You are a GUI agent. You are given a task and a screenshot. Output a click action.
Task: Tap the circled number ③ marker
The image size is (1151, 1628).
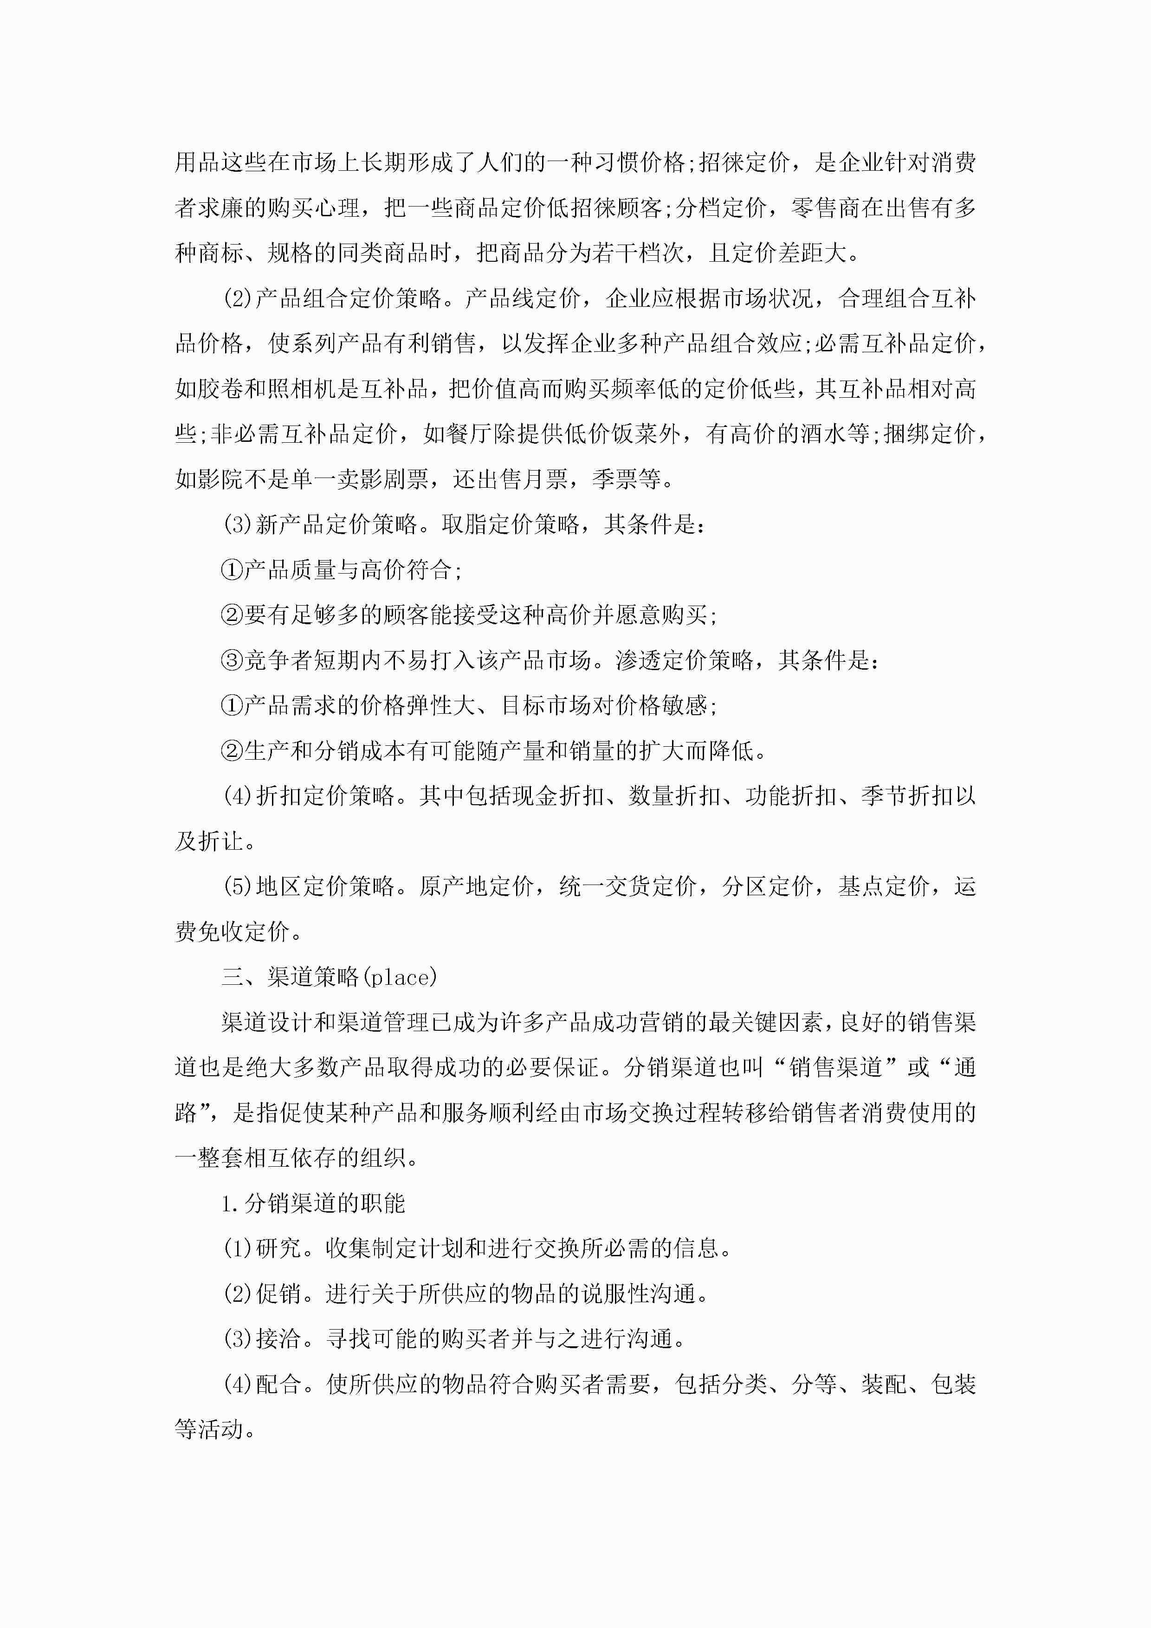click(x=232, y=660)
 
